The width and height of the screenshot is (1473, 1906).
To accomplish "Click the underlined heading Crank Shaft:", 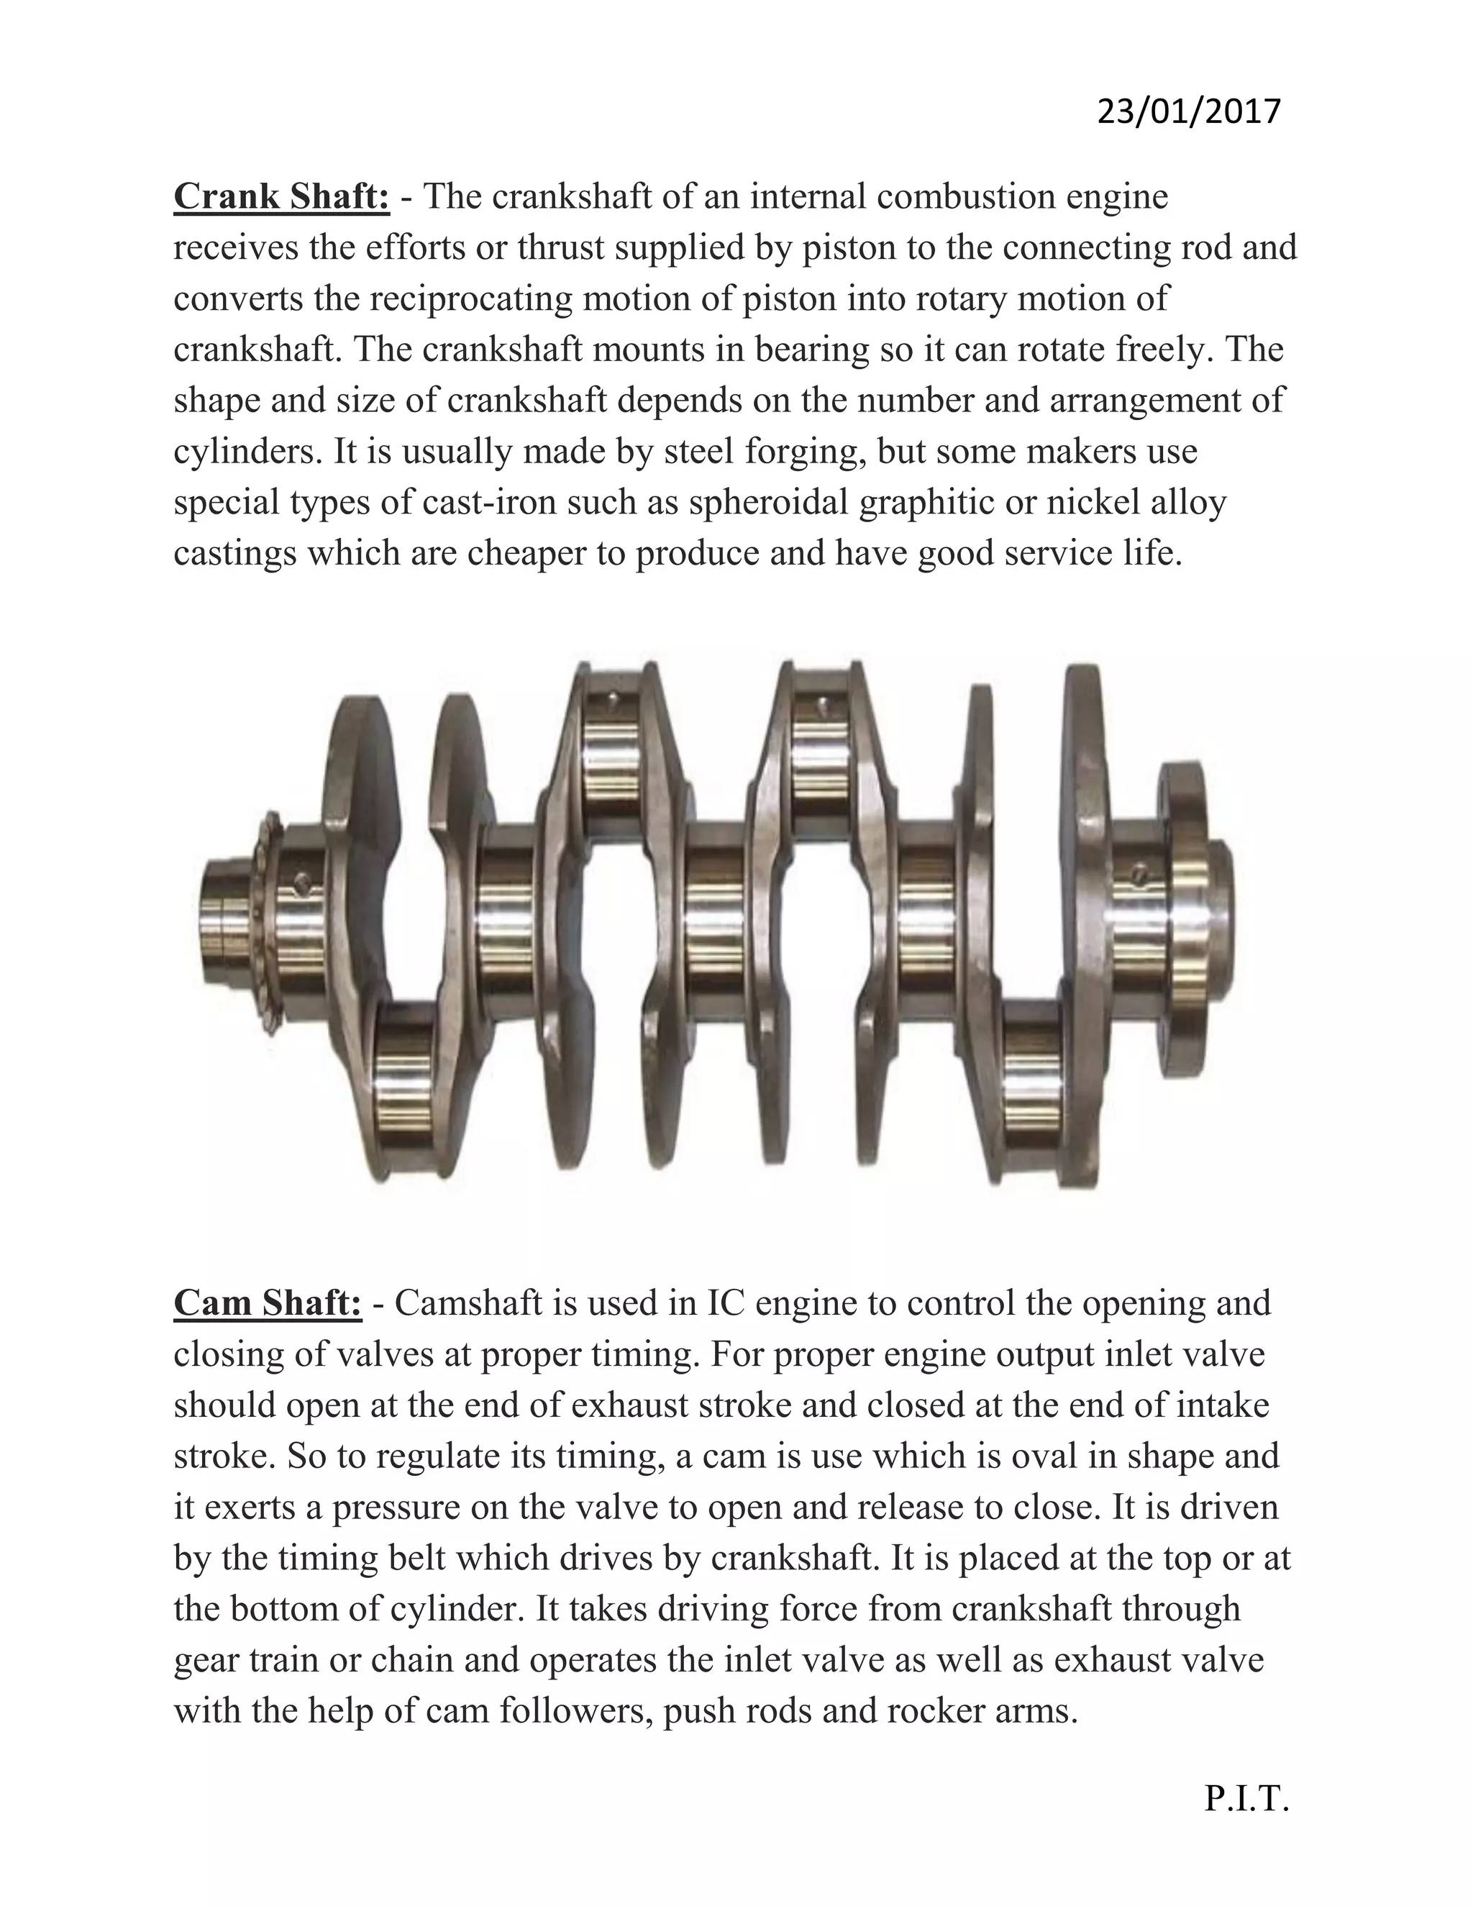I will tap(281, 197).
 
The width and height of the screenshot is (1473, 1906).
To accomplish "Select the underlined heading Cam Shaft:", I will tap(267, 1304).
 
